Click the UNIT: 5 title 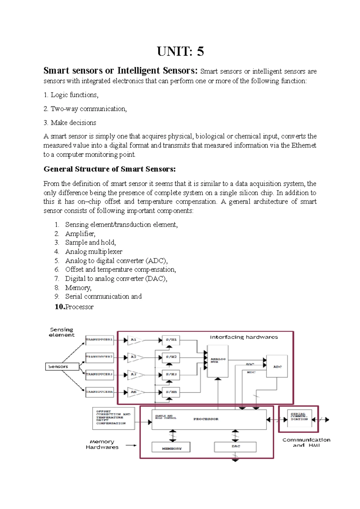coord(180,52)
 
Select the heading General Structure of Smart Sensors coord(109,169)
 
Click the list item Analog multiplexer coord(94,252)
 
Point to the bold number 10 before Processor coord(60,307)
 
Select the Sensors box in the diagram coord(62,366)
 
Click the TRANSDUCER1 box coord(100,340)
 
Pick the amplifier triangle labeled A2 coord(135,357)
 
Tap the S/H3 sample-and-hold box coord(171,374)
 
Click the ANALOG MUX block coord(218,361)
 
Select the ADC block coord(277,366)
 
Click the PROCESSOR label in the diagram coord(206,419)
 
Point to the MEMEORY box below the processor coord(171,447)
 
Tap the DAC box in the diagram coord(235,447)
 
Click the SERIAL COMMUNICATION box coord(299,418)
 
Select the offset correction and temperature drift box coord(113,418)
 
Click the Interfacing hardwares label coord(244,337)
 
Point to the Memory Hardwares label coord(102,444)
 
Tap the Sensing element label coord(61,332)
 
